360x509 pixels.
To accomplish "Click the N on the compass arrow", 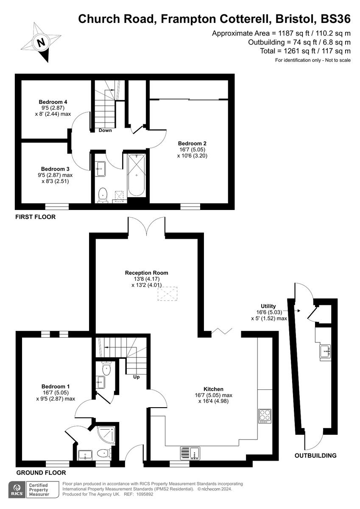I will [x=41, y=42].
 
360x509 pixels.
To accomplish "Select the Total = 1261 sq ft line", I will [x=305, y=51].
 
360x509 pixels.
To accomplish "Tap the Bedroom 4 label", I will [x=53, y=102].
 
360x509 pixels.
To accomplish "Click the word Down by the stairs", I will [x=105, y=130].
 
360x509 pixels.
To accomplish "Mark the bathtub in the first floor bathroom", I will [x=136, y=174].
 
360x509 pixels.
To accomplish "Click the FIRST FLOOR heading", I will [x=36, y=217].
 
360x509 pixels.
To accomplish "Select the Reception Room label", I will [x=146, y=273].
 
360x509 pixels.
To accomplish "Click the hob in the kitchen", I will [x=265, y=415].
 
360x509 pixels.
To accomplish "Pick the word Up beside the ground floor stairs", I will [x=136, y=377].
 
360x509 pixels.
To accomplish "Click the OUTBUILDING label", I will [x=315, y=456].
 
